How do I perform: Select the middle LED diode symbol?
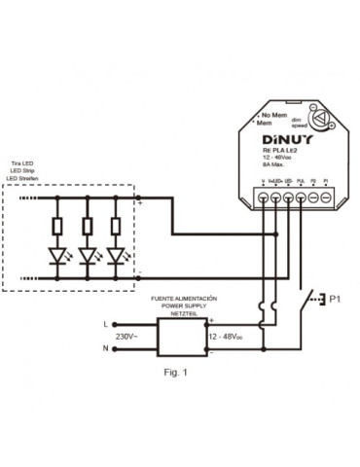pyautogui.click(x=89, y=257)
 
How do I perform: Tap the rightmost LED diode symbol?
pyautogui.click(x=119, y=257)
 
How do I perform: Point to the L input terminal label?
pyautogui.click(x=105, y=321)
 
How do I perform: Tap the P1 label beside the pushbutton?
pyautogui.click(x=338, y=298)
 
